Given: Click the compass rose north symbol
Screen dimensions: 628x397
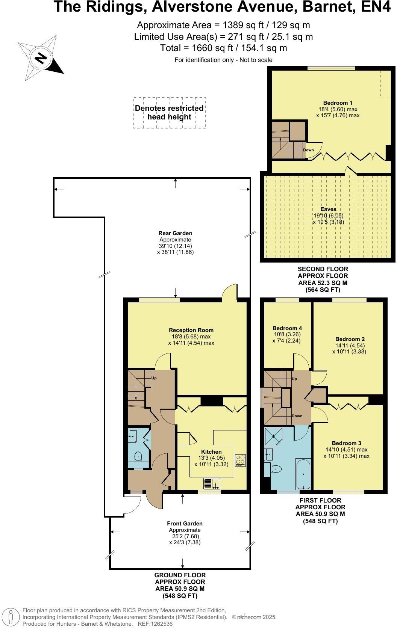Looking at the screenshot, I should click(41, 58).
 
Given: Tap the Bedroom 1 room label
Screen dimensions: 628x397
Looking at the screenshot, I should click(338, 103).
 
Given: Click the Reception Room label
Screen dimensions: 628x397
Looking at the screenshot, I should click(191, 330).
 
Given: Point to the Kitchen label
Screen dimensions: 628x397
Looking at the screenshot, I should click(211, 452).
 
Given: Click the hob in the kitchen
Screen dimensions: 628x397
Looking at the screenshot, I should click(240, 460).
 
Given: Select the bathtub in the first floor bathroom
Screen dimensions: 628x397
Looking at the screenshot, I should click(303, 474).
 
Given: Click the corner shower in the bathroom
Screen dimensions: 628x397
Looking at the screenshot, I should click(274, 436).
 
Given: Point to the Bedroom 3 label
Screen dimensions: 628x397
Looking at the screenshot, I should click(346, 443).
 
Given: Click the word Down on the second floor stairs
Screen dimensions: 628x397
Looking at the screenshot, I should click(308, 150).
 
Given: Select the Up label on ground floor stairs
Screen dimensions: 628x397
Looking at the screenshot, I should click(154, 378).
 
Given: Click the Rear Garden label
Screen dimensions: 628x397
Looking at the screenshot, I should click(175, 233).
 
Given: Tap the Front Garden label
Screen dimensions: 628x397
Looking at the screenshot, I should click(185, 524).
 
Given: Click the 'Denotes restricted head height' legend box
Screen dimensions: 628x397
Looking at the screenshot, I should click(169, 113).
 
